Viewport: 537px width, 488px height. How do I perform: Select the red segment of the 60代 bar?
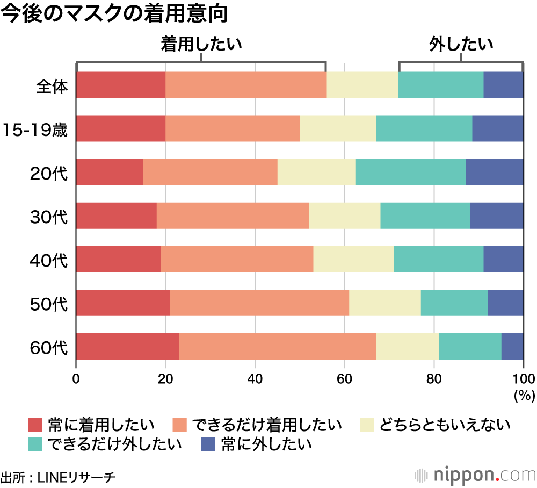tap(127, 346)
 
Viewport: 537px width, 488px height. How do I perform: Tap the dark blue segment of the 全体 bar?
tap(503, 85)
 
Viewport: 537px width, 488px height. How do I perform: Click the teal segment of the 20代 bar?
tap(410, 172)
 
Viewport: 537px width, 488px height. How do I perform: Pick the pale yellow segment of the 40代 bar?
tap(353, 259)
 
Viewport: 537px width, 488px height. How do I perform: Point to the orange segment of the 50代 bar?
tap(259, 303)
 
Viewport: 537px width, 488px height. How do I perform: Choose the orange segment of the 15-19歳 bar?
tap(233, 128)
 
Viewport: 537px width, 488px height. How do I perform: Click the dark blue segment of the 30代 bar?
tap(496, 216)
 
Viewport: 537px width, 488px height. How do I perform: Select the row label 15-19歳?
tap(34, 130)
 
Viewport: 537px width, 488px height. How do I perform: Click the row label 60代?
tap(49, 347)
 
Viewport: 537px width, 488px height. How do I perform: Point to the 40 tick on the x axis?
tap(255, 377)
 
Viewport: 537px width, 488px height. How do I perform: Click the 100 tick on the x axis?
tap(523, 377)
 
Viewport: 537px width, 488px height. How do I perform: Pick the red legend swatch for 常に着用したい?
tap(35, 425)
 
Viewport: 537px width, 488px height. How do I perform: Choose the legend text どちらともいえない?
tap(445, 425)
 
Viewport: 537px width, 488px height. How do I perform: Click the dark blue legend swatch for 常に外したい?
tap(208, 444)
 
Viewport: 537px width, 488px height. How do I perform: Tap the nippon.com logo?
tap(476, 476)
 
